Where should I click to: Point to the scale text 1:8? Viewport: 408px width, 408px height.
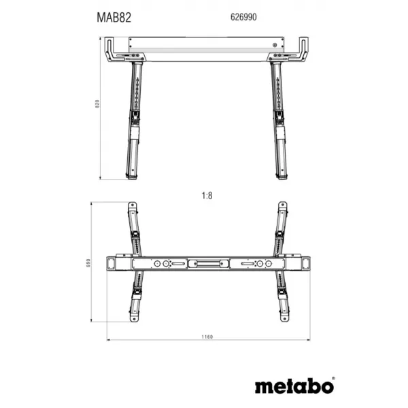point(207,195)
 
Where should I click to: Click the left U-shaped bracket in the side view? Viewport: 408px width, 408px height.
point(112,50)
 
